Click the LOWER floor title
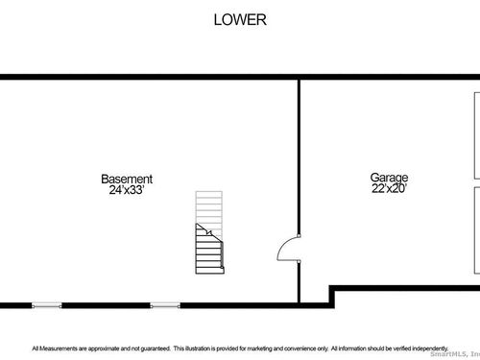[x=240, y=20]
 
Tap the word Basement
[x=127, y=179]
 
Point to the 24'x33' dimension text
[x=127, y=190]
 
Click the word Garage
[x=389, y=178]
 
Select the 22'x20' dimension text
[x=389, y=188]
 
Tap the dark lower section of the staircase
[x=209, y=252]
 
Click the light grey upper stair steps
[x=209, y=209]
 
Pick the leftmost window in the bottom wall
[x=47, y=305]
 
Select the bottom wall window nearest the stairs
[x=165, y=305]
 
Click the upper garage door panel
[x=477, y=135]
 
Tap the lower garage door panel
[x=477, y=230]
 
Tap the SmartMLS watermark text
[x=455, y=354]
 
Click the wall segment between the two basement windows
[x=106, y=305]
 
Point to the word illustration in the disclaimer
[x=198, y=348]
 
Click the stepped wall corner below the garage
[x=332, y=289]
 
